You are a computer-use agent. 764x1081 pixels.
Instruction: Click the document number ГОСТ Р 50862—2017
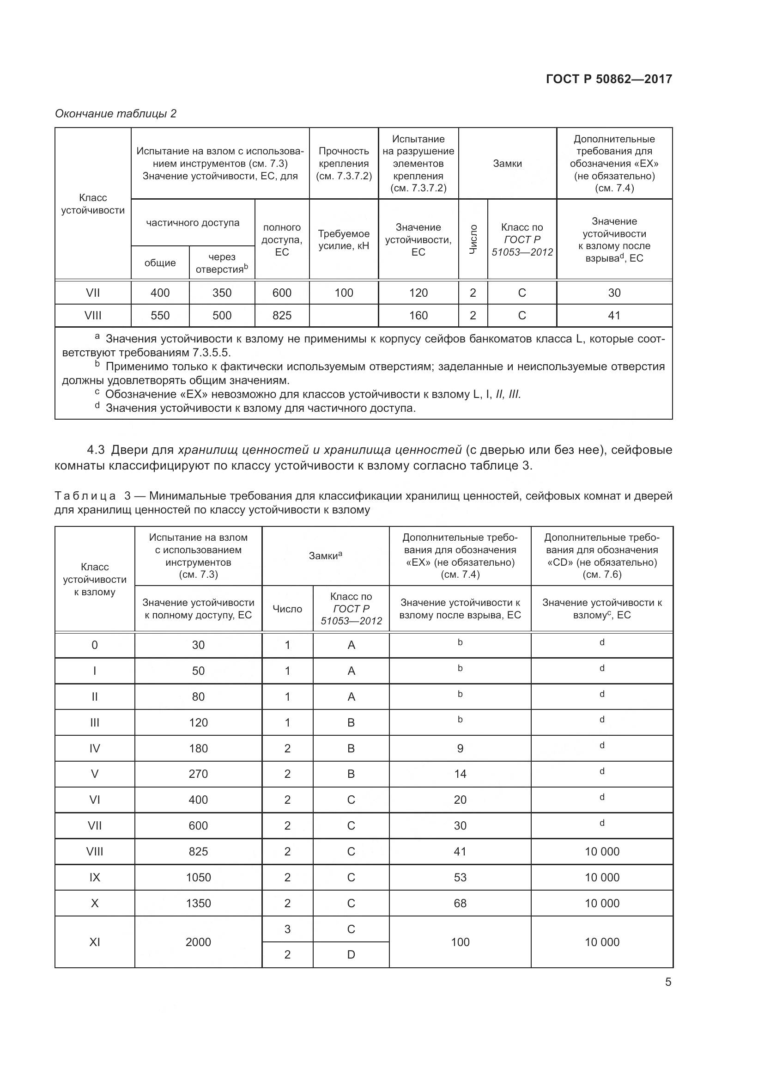tap(609, 79)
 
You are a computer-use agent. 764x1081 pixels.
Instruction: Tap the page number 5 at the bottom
tap(668, 982)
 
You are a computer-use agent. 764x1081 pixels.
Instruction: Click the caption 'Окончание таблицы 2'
tap(116, 114)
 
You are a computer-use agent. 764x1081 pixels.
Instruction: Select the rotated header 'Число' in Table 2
tap(473, 240)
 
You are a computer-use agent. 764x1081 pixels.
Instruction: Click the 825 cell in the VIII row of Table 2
tap(282, 316)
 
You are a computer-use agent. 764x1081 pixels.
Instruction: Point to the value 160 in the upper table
tap(418, 316)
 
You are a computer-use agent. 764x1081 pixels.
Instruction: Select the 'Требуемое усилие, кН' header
tap(343, 240)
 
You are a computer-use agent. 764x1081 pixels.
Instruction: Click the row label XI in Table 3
tap(95, 942)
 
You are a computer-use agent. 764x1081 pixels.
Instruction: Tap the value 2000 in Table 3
tap(198, 942)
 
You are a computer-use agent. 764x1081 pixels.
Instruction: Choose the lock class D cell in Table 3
tap(351, 954)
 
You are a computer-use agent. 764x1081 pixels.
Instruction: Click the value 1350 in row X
tap(198, 903)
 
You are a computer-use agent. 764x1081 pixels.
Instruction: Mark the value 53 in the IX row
tap(460, 877)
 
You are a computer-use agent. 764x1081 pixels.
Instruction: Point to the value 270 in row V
tap(198, 774)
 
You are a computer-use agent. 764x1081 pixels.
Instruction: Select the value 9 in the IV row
tap(460, 749)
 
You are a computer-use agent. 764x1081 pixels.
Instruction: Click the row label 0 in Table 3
tap(95, 645)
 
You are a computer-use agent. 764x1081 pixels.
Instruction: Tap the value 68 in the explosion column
tap(460, 903)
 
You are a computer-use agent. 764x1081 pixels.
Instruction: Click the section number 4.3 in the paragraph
tap(96, 450)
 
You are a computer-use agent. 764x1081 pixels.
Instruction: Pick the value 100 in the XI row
tap(460, 942)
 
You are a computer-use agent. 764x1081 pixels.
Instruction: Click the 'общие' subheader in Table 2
tap(160, 263)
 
